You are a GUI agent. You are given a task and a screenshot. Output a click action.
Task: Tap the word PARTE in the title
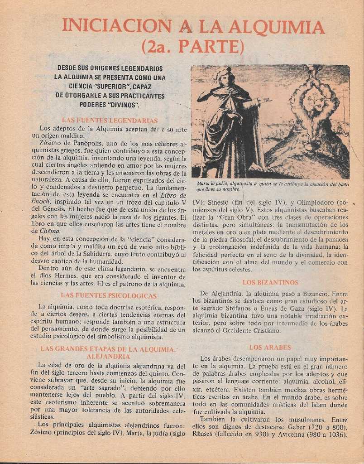(x=211, y=47)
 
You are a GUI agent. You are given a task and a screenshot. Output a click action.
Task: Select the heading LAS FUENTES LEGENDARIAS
(x=110, y=121)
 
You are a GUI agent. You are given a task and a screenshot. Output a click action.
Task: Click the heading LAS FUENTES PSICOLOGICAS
(x=109, y=295)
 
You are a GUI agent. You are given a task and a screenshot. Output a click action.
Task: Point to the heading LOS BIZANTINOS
(x=270, y=282)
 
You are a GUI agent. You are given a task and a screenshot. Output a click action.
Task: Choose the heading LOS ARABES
(x=270, y=348)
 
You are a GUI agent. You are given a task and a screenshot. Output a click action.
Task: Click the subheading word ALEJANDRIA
(x=108, y=357)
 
